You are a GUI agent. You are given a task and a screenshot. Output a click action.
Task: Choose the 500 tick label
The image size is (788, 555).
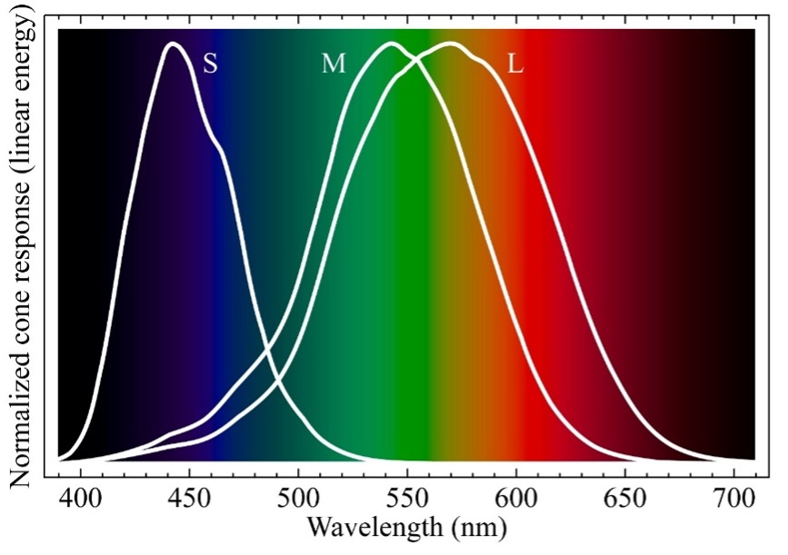point(298,499)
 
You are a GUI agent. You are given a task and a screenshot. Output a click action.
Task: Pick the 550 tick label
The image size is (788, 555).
point(406,499)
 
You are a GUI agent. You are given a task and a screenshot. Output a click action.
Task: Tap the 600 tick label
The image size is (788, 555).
point(515,499)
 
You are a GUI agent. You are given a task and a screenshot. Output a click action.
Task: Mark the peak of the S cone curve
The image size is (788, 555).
point(172,44)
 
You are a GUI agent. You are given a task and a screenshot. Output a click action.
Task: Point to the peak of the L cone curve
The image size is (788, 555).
point(450,44)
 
